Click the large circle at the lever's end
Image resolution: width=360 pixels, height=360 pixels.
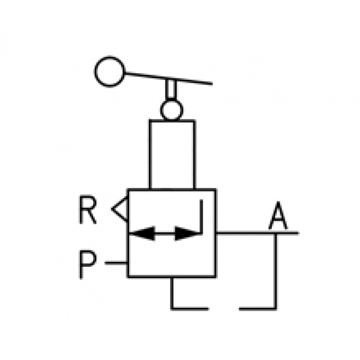110,72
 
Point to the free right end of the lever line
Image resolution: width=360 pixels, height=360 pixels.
211,83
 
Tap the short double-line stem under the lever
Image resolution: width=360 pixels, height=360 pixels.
171,90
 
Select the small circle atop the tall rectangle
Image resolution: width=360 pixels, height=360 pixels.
171,110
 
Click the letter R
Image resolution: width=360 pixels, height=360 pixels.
88,210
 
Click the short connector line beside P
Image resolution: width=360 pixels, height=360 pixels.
116,262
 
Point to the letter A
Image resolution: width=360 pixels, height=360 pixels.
278,216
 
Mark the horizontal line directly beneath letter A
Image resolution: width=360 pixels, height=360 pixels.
256,233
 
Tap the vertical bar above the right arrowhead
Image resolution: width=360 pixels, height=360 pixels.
201,216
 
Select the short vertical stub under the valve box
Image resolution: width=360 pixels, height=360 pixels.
172,292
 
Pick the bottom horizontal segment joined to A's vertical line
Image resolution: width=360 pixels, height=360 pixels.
257,309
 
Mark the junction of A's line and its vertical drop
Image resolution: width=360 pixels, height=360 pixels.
276,233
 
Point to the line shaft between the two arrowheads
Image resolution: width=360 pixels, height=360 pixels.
165,234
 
